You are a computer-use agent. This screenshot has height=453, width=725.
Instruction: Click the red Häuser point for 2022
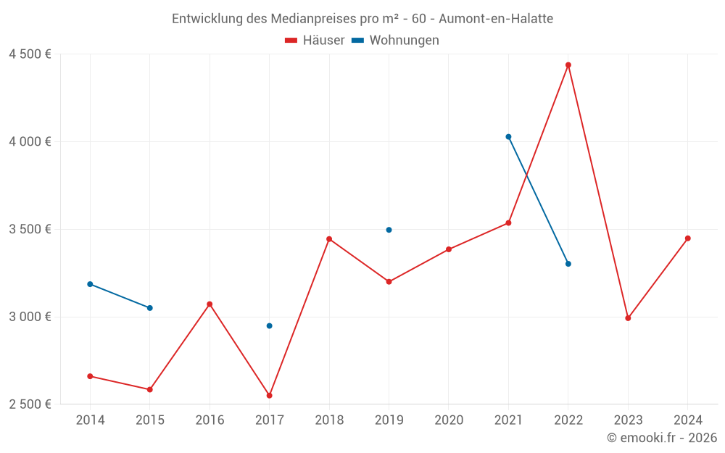568,65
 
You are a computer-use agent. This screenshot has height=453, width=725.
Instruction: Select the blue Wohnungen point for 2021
508,137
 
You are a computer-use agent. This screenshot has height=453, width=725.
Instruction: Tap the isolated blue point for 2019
389,230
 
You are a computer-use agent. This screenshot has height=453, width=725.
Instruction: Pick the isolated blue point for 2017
269,326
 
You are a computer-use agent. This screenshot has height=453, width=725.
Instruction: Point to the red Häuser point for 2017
269,396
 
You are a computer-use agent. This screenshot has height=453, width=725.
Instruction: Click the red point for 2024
688,238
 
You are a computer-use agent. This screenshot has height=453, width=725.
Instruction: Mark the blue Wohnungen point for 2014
90,284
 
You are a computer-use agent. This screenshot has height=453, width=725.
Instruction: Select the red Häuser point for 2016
210,304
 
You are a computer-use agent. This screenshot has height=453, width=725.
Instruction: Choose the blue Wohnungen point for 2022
568,264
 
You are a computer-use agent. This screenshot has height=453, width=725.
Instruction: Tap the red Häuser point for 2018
329,239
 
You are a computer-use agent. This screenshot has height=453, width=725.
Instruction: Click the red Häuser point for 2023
628,318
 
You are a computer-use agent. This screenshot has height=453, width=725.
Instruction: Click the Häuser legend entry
315,41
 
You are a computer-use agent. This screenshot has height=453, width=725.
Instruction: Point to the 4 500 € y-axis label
30,54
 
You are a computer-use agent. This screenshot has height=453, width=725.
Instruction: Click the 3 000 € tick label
30,317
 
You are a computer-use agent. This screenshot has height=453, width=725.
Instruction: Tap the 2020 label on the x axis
449,420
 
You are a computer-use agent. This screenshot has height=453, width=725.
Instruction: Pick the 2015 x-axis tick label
150,420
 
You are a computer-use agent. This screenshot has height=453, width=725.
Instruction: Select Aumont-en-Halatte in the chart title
496,19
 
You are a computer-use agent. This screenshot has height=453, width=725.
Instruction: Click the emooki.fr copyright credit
662,438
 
